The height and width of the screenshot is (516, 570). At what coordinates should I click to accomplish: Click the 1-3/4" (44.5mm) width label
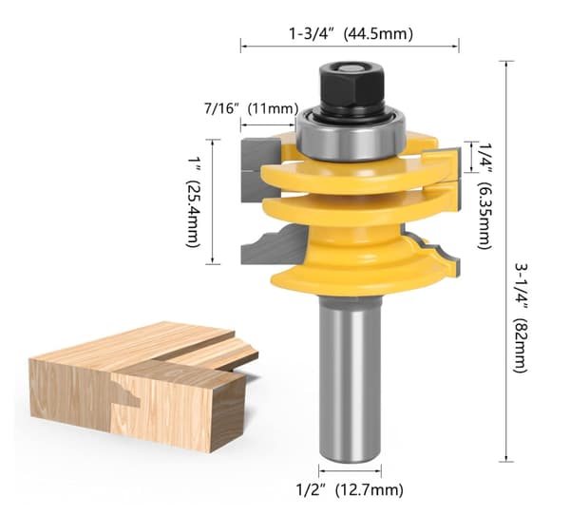351,34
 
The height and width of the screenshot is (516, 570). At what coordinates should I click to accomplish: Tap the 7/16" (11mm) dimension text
251,108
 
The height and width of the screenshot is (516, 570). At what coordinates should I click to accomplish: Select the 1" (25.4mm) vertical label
193,202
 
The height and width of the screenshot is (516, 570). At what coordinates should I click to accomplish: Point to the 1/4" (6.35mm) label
484,195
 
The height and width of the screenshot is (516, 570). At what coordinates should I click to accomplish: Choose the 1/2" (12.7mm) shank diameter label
350,489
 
